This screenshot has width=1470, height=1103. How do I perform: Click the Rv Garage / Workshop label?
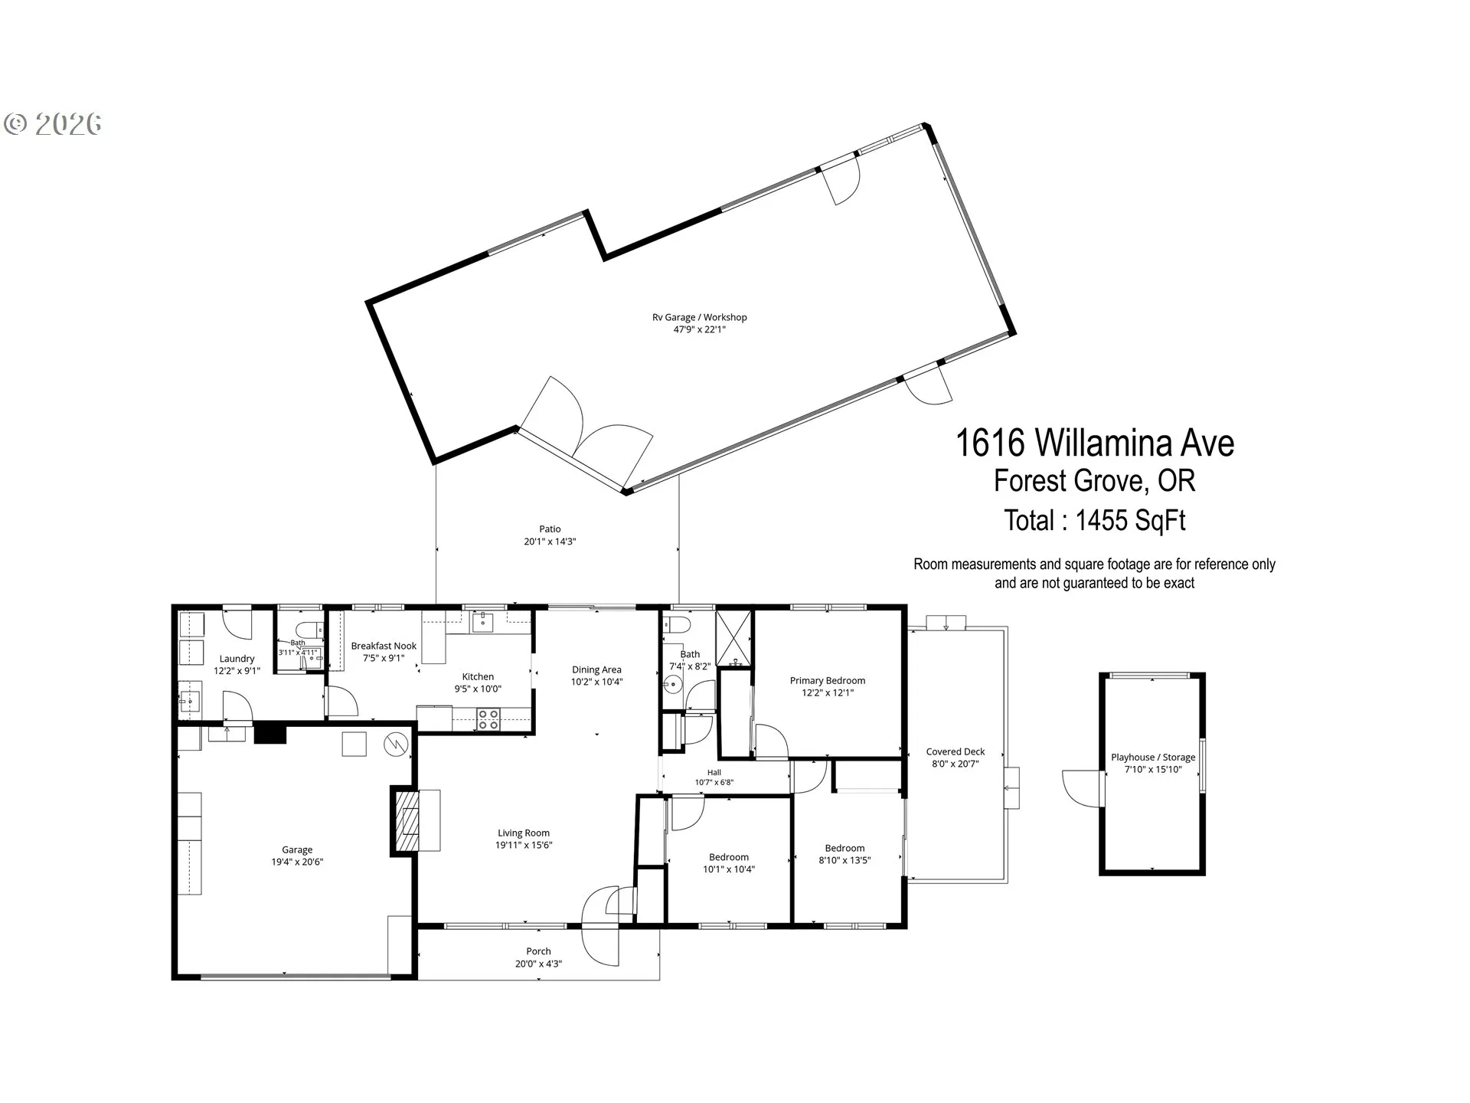(699, 317)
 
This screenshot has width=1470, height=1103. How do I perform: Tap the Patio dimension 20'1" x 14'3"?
(550, 542)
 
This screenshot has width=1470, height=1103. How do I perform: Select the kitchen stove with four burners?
(488, 719)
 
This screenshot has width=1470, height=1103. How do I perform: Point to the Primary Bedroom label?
(828, 680)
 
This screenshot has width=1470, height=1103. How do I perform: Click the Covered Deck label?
(955, 751)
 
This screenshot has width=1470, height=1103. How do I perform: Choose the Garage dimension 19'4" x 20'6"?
(297, 862)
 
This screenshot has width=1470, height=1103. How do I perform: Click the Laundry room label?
(237, 659)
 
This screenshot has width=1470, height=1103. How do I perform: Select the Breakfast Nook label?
(384, 646)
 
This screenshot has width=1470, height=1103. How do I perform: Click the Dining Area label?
(596, 669)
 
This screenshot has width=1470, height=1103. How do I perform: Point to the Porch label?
(538, 951)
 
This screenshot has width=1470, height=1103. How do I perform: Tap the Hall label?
(714, 773)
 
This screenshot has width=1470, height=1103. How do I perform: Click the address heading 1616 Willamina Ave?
(1095, 443)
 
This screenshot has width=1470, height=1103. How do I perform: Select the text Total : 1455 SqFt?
(1095, 521)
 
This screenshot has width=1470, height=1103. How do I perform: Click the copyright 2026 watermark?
(53, 124)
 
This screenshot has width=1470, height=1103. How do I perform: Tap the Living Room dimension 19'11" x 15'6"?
(524, 845)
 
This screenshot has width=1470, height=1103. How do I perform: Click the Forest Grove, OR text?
(1095, 481)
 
